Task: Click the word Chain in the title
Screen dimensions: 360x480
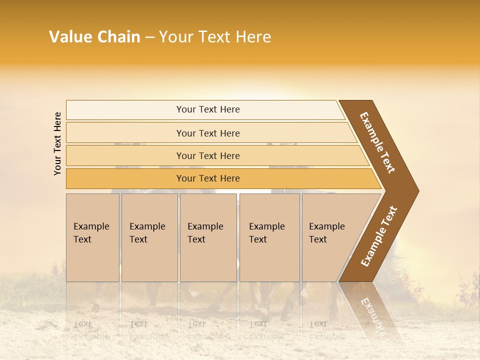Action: click(x=118, y=37)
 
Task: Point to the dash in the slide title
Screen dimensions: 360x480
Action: click(x=149, y=37)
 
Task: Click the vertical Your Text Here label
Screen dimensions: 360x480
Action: click(x=57, y=143)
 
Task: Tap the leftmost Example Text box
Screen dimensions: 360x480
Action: click(x=92, y=237)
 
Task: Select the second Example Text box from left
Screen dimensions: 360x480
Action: click(x=149, y=237)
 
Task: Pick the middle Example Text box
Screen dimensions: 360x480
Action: click(x=208, y=237)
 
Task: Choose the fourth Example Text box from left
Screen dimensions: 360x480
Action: click(x=269, y=237)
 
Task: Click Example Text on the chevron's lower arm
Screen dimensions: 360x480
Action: click(x=379, y=236)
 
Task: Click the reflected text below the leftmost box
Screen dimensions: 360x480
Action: click(x=91, y=330)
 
